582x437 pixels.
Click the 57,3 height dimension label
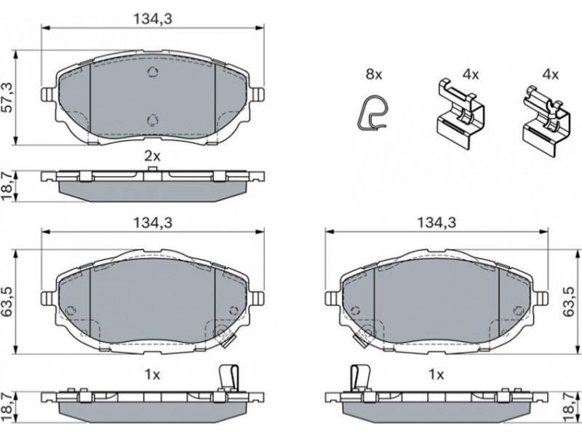tap(8, 98)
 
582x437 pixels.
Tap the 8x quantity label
tap(374, 74)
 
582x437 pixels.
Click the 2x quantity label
tap(152, 156)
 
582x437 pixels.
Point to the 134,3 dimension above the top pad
tap(153, 19)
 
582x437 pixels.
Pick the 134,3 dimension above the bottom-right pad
tap(436, 223)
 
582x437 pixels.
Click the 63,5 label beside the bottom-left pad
tap(8, 302)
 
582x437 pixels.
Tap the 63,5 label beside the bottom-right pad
tap(568, 302)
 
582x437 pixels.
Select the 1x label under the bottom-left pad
tap(152, 375)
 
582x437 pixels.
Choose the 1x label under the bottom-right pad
tap(436, 375)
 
